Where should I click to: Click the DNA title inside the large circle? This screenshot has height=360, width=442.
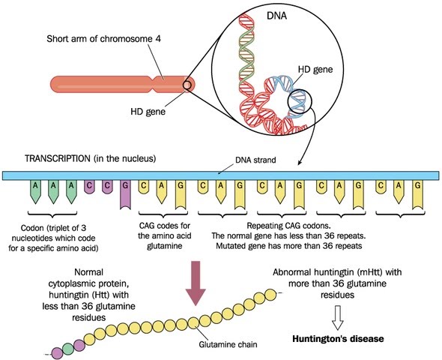276,16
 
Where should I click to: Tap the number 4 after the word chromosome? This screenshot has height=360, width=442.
158,38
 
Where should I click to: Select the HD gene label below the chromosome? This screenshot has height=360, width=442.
148,111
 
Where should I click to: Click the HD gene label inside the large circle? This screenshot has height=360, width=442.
315,69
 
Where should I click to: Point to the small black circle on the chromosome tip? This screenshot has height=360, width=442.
188,85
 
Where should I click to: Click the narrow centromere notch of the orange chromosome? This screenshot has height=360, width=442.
153,85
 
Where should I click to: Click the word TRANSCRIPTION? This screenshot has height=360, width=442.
57,158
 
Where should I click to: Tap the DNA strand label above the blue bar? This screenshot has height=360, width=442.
255,160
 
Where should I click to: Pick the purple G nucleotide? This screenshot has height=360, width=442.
125,195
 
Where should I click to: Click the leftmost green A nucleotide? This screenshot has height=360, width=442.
35,192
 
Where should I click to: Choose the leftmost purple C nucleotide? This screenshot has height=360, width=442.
89,187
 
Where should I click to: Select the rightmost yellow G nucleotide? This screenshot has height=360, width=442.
418,195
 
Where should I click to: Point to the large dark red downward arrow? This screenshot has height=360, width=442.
196,283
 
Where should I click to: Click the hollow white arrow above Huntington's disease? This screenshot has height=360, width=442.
337,317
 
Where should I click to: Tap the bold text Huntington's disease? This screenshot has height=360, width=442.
338,338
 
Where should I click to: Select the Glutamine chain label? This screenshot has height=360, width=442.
228,344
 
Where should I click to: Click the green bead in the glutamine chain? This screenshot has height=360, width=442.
67,349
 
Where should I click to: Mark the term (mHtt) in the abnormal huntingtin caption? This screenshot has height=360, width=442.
368,272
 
